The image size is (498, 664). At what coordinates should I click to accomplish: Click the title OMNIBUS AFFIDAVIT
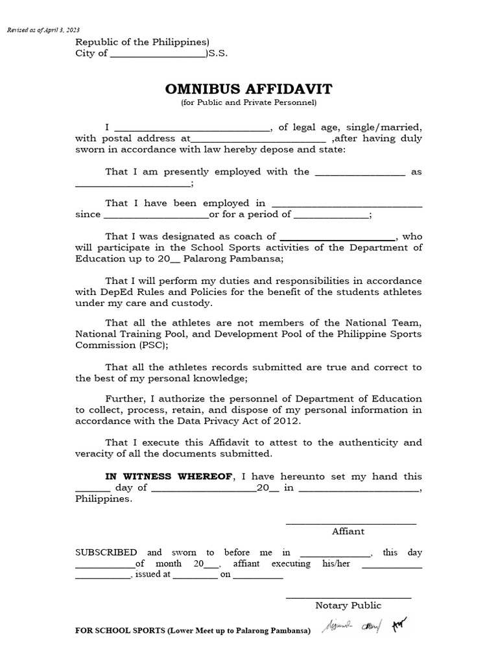click(x=248, y=89)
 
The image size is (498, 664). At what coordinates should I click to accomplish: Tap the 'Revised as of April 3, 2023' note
click(x=43, y=30)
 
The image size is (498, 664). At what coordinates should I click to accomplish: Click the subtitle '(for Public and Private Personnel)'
click(x=248, y=102)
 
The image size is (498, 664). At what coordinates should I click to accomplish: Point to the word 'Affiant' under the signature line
click(x=348, y=531)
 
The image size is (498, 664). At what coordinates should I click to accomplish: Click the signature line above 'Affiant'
click(x=351, y=523)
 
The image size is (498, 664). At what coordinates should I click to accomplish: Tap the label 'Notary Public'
click(x=348, y=606)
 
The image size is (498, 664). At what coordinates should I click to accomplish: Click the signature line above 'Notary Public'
click(x=348, y=597)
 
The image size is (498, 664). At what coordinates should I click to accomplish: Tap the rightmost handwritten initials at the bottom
click(x=398, y=626)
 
